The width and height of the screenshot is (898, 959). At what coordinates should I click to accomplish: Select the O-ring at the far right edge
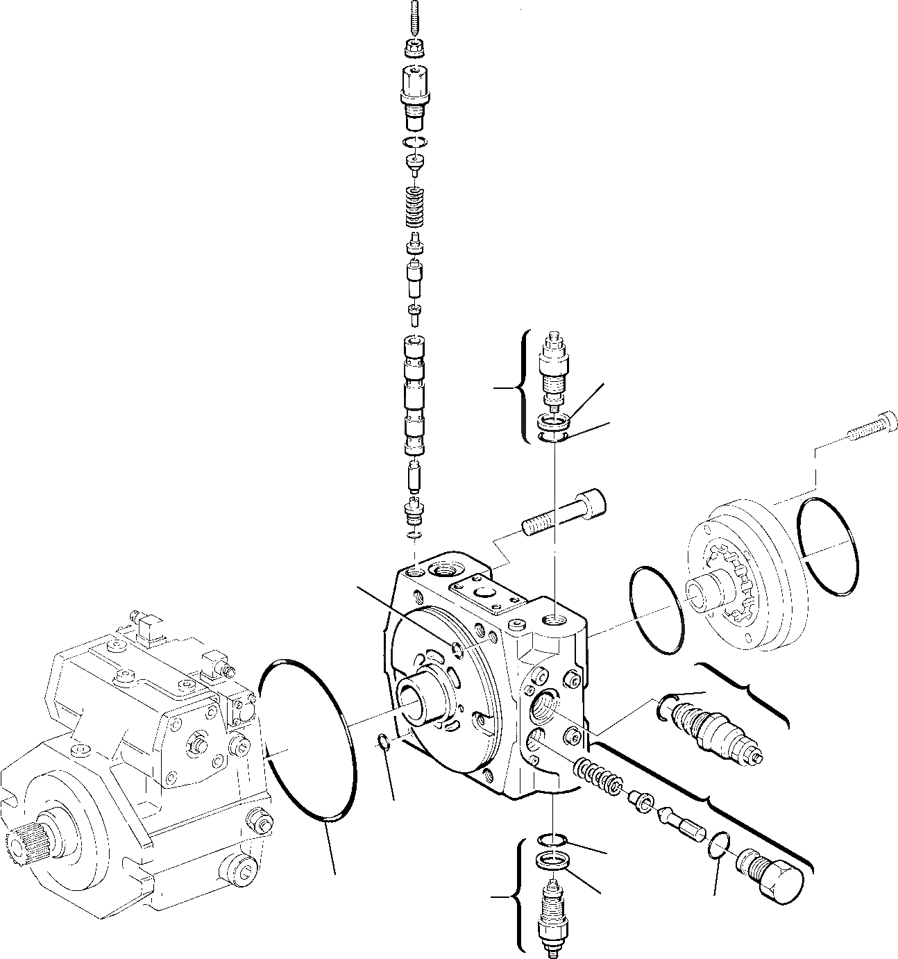pyautogui.click(x=828, y=547)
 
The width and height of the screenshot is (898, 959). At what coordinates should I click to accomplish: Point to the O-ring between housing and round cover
pyautogui.click(x=655, y=610)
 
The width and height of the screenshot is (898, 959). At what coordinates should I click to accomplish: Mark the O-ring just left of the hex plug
pyautogui.click(x=720, y=848)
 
